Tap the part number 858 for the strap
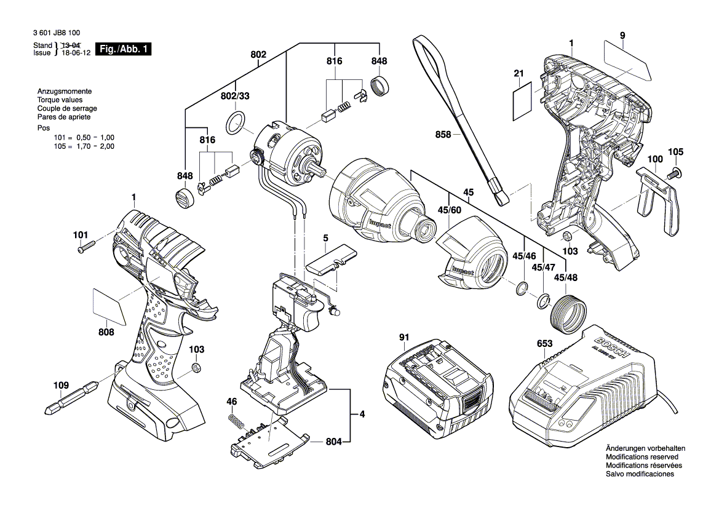tap(443, 134)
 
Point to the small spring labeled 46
tap(236, 423)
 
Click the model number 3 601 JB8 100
tap(58, 34)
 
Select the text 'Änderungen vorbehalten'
tap(644, 448)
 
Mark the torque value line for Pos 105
tap(84, 146)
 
